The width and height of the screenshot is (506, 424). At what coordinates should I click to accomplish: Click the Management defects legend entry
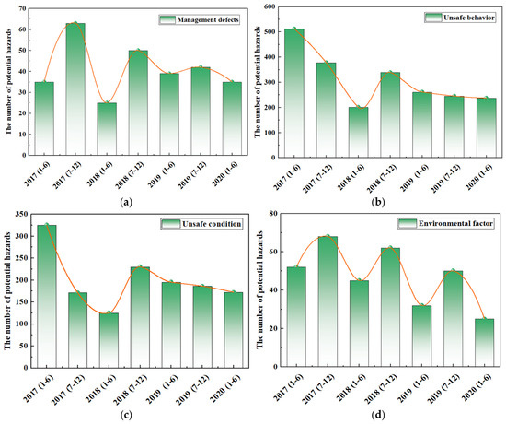click(200, 19)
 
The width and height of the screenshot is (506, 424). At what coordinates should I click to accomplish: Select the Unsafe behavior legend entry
click(460, 18)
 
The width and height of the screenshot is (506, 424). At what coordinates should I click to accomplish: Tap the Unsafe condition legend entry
click(201, 224)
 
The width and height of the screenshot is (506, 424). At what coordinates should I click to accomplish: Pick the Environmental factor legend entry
click(445, 223)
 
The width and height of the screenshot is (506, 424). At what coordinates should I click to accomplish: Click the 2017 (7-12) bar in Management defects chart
click(75, 88)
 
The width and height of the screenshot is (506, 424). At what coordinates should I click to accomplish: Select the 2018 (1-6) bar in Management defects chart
click(107, 129)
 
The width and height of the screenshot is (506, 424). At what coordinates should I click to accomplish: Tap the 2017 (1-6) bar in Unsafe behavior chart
click(294, 93)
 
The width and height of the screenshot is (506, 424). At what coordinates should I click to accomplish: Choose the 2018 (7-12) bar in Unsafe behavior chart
click(390, 115)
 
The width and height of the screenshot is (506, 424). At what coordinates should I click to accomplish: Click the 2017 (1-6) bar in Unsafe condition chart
click(47, 296)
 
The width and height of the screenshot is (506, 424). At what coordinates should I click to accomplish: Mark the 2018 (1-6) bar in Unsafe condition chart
click(109, 340)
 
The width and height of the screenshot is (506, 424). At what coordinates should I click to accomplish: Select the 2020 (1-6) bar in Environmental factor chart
click(484, 343)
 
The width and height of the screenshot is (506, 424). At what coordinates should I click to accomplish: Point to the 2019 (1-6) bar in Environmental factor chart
click(421, 336)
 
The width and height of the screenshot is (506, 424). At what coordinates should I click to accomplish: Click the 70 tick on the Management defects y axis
click(22, 8)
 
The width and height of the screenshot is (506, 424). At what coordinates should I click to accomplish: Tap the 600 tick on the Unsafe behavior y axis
click(270, 6)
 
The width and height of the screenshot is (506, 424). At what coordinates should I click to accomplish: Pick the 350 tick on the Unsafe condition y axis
click(23, 214)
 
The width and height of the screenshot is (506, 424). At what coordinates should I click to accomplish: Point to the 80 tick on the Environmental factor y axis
click(274, 214)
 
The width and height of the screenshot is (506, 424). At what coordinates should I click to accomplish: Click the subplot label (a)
click(126, 202)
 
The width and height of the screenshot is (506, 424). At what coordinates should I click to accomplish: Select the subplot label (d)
click(378, 414)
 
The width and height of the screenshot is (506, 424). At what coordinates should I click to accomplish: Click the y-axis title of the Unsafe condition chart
click(7, 290)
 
